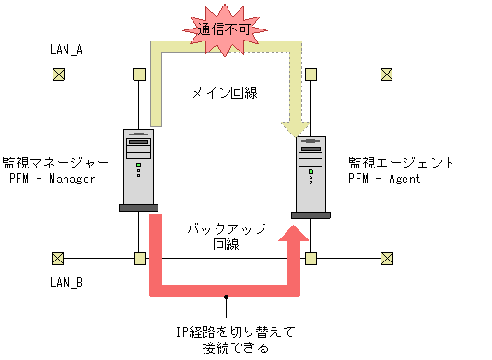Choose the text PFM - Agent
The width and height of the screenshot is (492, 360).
coord(386,179)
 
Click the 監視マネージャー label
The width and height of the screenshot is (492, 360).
coord(55,162)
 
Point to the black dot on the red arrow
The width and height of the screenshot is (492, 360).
coord(226,296)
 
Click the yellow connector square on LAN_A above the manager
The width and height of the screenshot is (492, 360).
coord(138,75)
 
